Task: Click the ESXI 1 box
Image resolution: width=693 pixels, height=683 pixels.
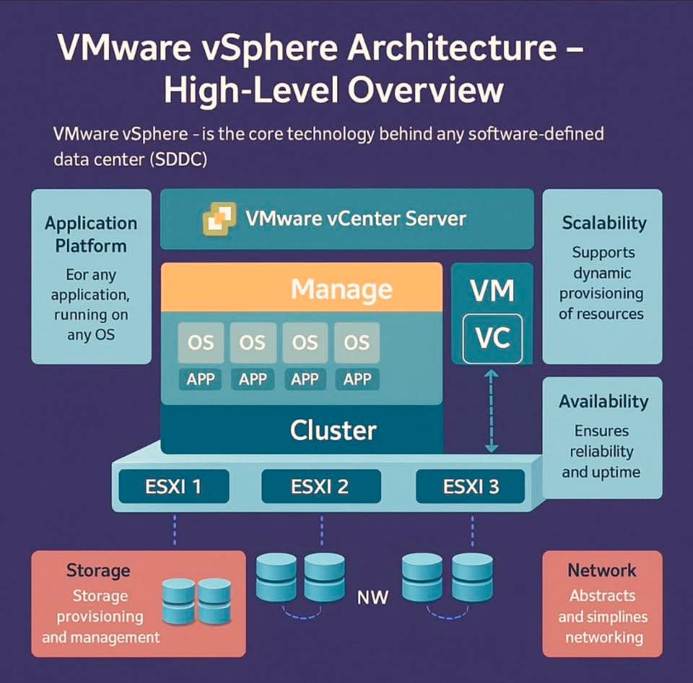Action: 173,487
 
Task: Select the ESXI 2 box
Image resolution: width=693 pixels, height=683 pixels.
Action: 320,487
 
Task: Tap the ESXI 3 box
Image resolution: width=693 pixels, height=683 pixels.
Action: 470,487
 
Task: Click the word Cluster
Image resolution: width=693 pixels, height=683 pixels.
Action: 333,430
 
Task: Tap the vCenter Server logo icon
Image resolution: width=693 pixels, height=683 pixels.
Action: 219,218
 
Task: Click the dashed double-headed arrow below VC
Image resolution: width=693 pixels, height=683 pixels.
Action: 491,410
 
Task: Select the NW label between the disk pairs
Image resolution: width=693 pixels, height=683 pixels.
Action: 372,597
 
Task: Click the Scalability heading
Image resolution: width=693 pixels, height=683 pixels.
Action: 603,223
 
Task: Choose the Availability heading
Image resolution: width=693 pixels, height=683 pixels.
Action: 603,401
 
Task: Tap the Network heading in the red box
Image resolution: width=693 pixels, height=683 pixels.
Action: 602,570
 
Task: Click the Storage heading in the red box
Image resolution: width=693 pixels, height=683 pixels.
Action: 98,570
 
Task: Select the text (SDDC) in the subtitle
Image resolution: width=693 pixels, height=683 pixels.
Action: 179,160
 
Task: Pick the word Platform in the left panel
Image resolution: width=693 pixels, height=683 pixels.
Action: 91,245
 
